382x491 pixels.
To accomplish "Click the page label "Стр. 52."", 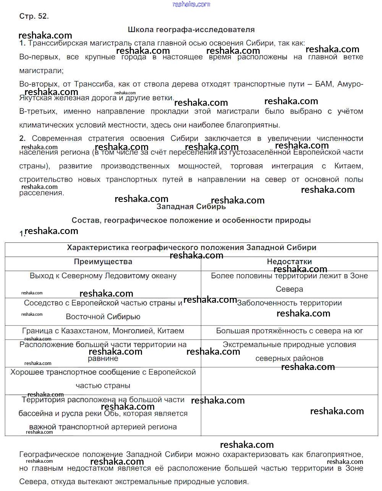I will [34, 16].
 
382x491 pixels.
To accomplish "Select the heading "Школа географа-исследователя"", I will [191, 29].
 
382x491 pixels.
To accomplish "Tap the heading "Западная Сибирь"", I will [191, 207].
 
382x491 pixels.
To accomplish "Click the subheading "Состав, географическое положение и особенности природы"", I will [191, 220].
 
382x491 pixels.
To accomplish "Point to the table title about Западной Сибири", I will [191, 247].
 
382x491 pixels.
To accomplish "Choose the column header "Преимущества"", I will [103, 262].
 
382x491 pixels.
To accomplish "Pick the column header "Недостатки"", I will [289, 262].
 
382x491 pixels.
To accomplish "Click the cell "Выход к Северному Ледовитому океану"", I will [103, 276].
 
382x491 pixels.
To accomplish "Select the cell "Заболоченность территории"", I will [289, 303].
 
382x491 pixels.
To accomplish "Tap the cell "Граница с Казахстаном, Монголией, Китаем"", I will [103, 331].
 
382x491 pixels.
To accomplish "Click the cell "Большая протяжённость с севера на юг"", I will [289, 331].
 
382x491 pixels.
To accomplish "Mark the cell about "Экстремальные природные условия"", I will [289, 351].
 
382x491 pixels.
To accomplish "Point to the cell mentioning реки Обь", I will [103, 413].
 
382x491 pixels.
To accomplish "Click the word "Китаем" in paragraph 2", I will [348, 166].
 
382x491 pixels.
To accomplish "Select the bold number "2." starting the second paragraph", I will [23, 139].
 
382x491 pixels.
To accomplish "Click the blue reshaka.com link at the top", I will [191, 4].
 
